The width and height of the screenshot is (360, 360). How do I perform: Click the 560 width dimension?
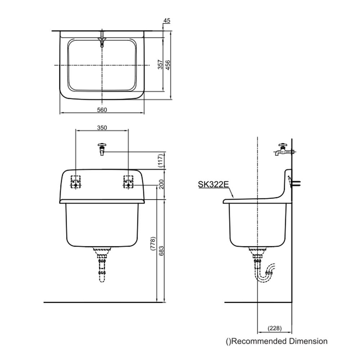coord(102,110)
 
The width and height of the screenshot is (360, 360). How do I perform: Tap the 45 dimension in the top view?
coord(167,21)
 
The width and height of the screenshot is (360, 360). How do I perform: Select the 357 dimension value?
coord(160,64)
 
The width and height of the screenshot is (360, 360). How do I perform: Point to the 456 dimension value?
coord(168,65)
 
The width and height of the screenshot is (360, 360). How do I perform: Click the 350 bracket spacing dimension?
coord(102,128)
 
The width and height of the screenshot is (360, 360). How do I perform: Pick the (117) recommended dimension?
coord(161,161)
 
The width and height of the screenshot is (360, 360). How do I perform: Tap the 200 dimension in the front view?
coord(161,184)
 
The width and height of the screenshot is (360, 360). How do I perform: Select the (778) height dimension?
coord(153,243)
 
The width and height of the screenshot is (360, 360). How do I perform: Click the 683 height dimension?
coord(161,251)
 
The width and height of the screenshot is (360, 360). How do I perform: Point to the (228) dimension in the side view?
coord(275,328)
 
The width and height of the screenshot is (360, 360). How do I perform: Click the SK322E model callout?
coord(213,184)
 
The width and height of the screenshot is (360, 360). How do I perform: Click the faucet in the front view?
coord(102,149)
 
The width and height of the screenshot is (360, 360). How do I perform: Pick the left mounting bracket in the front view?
coord(76,182)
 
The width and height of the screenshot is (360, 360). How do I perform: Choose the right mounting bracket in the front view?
coord(129,182)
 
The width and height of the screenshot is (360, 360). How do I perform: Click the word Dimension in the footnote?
coord(308,341)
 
